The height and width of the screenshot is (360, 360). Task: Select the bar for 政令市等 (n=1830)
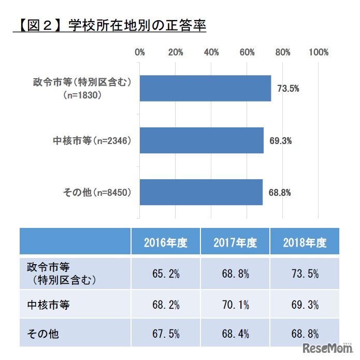[x=205, y=88]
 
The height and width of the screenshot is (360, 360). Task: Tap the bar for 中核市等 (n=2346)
[x=201, y=140]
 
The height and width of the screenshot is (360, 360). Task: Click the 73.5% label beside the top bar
[x=287, y=88]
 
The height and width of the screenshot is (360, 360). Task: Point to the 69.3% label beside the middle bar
[x=280, y=140]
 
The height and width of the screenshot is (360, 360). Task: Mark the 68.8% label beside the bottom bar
[x=280, y=193]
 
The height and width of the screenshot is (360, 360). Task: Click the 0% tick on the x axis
[x=140, y=52]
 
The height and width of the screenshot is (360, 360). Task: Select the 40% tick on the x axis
[x=211, y=52]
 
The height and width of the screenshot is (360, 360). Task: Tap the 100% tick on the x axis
[x=318, y=52]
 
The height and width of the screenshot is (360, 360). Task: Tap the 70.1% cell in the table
[x=235, y=305]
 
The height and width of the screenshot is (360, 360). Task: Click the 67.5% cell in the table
[x=165, y=334]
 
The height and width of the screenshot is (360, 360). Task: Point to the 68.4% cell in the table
[x=235, y=334]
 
